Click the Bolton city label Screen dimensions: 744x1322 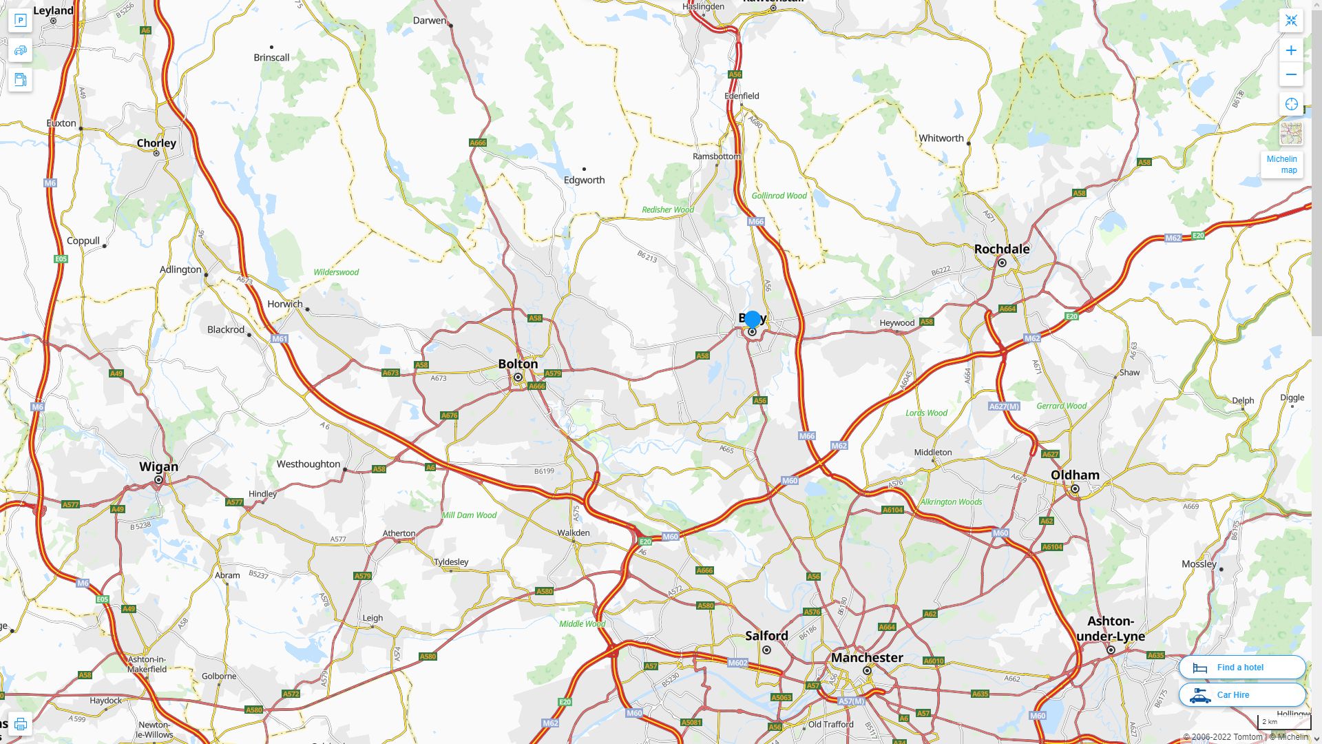click(x=518, y=364)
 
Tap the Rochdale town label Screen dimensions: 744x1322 click(x=1002, y=249)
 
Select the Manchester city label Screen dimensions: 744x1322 click(x=867, y=657)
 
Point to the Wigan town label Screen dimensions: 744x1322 click(x=158, y=466)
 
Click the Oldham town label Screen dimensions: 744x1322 click(x=1075, y=475)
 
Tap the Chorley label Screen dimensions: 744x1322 click(x=156, y=143)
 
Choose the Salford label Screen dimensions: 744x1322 click(x=766, y=635)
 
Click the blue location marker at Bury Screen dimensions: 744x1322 click(x=753, y=319)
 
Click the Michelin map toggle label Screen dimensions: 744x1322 click(x=1282, y=165)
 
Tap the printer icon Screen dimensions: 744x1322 click(x=20, y=724)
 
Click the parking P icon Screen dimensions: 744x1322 click(x=20, y=20)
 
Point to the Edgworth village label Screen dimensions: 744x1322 click(x=584, y=180)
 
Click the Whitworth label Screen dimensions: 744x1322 click(x=941, y=138)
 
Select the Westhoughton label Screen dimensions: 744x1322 click(x=308, y=464)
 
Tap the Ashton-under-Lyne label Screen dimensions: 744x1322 click(x=1110, y=628)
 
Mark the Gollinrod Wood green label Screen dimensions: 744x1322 click(x=779, y=196)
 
